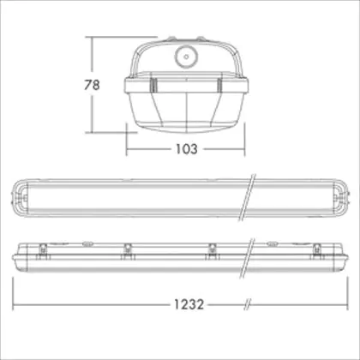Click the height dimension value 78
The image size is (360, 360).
(x=92, y=85)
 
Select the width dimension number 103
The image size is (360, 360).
(x=187, y=149)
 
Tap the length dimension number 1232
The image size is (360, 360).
(x=189, y=304)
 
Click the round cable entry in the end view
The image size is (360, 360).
(x=186, y=57)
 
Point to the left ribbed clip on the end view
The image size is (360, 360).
(x=154, y=85)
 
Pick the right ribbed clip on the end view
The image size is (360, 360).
(x=219, y=85)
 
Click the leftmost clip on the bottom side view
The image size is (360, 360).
(x=43, y=249)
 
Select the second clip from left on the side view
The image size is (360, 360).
(x=128, y=249)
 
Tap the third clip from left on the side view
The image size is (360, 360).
(x=212, y=249)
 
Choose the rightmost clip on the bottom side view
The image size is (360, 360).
(x=316, y=249)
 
